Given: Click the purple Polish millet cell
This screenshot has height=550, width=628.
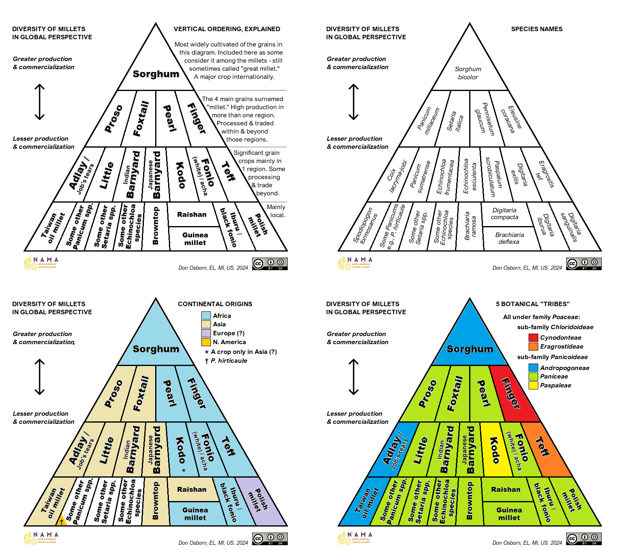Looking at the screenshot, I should pyautogui.click(x=261, y=501).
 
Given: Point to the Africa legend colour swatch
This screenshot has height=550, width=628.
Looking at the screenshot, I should pyautogui.click(x=206, y=315).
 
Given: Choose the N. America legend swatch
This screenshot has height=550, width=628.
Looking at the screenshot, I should pyautogui.click(x=206, y=342).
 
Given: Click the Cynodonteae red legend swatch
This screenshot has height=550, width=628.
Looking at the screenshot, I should pyautogui.click(x=533, y=337).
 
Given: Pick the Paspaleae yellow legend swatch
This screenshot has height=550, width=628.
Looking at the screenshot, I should pyautogui.click(x=533, y=385).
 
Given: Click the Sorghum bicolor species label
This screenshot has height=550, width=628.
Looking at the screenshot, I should pyautogui.click(x=468, y=73).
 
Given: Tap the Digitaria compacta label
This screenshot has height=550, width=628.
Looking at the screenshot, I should pyautogui.click(x=504, y=214).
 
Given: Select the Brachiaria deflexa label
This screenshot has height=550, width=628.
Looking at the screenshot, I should pyautogui.click(x=509, y=238).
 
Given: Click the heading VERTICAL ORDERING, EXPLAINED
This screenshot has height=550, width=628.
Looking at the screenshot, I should pyautogui.click(x=227, y=29).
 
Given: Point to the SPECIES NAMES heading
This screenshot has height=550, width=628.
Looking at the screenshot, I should pyautogui.click(x=537, y=29).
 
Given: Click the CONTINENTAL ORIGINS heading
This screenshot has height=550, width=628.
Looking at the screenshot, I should pyautogui.click(x=215, y=304).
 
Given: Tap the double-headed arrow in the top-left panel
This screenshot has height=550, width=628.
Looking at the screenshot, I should pyautogui.click(x=40, y=102).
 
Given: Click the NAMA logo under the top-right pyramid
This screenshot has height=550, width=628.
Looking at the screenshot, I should pyautogui.click(x=355, y=263).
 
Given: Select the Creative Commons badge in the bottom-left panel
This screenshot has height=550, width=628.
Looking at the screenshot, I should pyautogui.click(x=270, y=539).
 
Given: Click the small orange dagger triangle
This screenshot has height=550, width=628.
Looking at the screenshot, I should pyautogui.click(x=62, y=521).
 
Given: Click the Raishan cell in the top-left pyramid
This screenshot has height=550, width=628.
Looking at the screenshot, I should pyautogui.click(x=192, y=214).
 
